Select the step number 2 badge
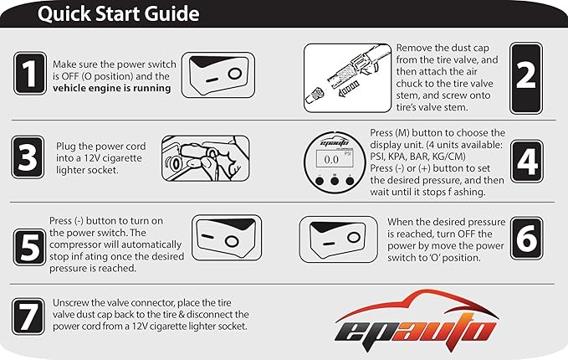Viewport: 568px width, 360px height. point(525,75)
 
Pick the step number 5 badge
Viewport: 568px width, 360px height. point(29,244)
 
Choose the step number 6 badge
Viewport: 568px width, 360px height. point(525,239)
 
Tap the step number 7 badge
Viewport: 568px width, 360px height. point(29,316)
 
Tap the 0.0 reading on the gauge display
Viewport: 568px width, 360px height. point(330,157)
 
